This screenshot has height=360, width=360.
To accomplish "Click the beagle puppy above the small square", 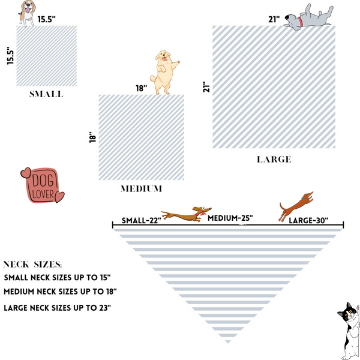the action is click(27, 13).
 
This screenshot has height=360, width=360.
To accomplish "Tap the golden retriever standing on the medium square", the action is click(164, 72).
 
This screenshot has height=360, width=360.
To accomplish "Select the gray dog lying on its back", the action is click(308, 17).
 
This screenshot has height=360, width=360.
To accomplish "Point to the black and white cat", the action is click(349, 331).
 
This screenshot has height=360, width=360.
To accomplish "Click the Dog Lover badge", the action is click(43, 185).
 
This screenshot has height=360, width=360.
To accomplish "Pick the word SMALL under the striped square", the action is click(46, 94).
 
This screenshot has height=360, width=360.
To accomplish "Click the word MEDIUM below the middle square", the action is click(142, 189).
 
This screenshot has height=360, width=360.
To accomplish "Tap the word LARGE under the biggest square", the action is click(274, 160).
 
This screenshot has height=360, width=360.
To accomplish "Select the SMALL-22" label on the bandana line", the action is click(142, 220).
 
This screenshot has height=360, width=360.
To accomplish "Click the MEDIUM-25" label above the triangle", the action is click(230, 218).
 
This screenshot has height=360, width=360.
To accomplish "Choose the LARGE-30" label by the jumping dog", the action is click(308, 220).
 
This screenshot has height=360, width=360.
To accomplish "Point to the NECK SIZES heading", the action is click(32, 265).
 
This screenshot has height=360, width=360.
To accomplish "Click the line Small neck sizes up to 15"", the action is click(57, 277).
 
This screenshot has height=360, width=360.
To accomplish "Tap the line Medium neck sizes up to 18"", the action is click(60, 292).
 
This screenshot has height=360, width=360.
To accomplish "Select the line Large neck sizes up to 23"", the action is click(58, 308).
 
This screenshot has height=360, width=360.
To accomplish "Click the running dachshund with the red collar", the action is click(186, 214).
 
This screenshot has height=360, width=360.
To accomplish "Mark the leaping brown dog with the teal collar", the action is click(296, 206).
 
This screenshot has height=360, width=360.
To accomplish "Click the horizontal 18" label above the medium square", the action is click(141, 88).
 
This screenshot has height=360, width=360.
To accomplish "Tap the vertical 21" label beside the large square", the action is click(206, 87).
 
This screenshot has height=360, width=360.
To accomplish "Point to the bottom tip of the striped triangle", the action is click(228, 343).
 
